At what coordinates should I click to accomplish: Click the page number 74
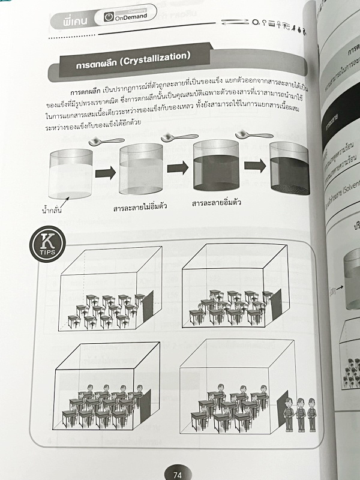pyautogui.click(x=177, y=474)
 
